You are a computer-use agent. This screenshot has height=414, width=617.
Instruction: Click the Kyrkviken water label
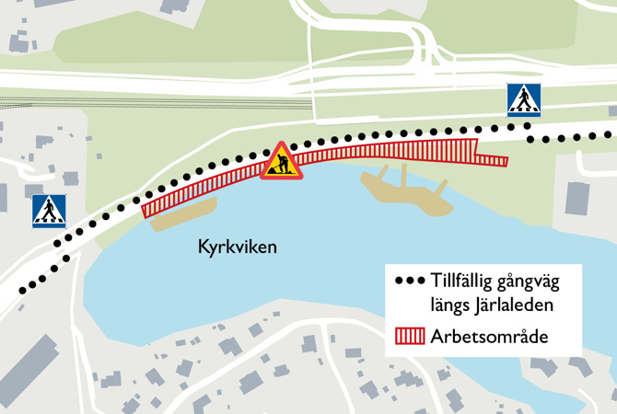click(238, 247)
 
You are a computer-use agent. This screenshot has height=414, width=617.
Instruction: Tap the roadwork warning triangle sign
click(279, 162)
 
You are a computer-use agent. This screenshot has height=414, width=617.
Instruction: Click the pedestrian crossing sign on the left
click(49, 211)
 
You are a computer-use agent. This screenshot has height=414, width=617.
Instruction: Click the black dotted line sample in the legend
click(408, 281)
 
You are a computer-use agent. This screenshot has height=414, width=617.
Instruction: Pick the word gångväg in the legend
click(538, 280)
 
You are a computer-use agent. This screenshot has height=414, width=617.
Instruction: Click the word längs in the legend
click(449, 303)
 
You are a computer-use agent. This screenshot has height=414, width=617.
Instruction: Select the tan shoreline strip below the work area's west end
click(180, 218)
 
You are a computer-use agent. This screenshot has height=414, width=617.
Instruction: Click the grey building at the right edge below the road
click(576, 199)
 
